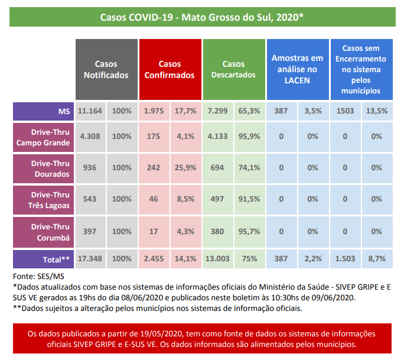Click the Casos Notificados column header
point(106,69)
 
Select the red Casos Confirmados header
point(170,69)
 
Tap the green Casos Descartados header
point(234,69)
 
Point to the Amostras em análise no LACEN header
point(298,69)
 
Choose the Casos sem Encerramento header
point(361,69)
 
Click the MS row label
point(43,111)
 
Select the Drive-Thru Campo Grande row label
point(43,137)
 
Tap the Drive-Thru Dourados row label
point(43,168)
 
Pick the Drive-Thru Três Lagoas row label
point(43,200)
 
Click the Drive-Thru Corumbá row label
point(43,232)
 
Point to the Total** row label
point(43,259)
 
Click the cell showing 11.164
point(90,111)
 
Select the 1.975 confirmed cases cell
point(154,111)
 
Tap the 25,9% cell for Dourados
point(186,168)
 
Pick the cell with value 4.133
point(218,137)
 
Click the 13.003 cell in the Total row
point(218,259)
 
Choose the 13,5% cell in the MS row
point(377,111)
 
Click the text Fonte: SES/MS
point(38,277)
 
